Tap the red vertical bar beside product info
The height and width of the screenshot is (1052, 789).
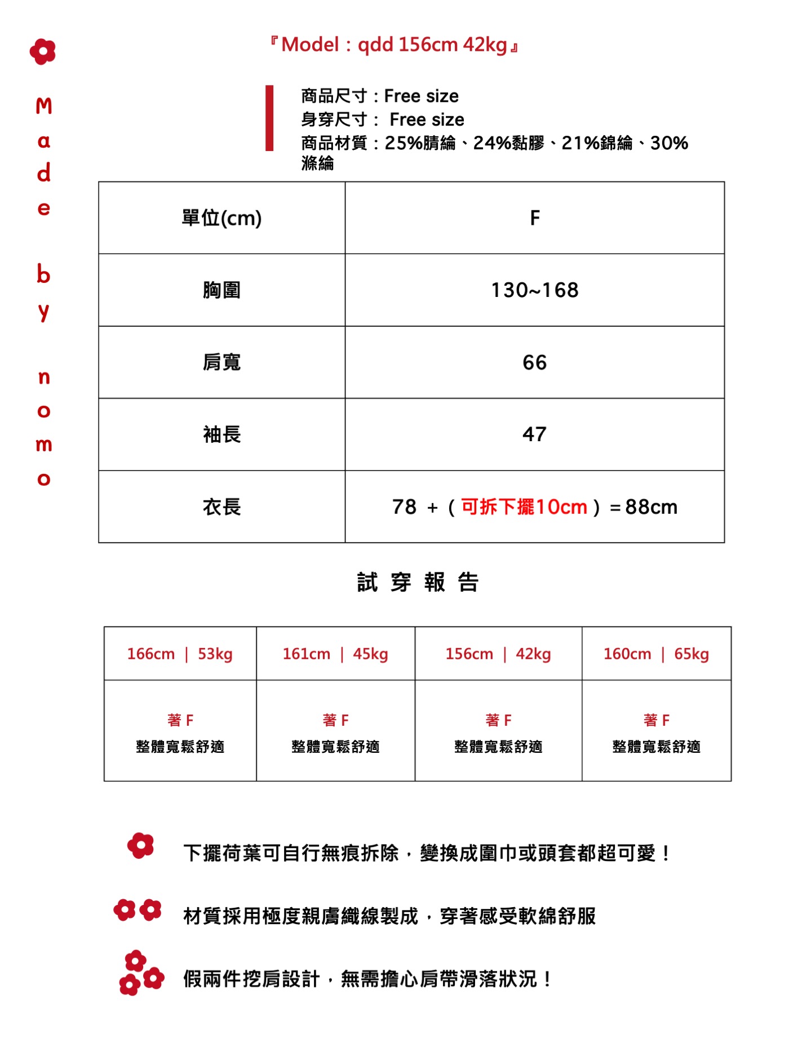pyautogui.click(x=269, y=118)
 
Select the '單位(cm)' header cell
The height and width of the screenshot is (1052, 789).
pyautogui.click(x=221, y=218)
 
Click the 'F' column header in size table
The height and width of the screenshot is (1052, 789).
pyautogui.click(x=535, y=218)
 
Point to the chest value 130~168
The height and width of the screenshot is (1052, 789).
pyautogui.click(x=535, y=290)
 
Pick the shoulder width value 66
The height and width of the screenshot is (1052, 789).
pyautogui.click(x=535, y=362)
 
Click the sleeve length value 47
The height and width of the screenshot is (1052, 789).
pyautogui.click(x=535, y=434)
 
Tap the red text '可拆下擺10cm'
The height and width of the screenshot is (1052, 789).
pyautogui.click(x=524, y=507)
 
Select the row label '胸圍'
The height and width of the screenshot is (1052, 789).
pyautogui.click(x=221, y=290)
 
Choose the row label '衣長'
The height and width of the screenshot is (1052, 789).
pyautogui.click(x=221, y=507)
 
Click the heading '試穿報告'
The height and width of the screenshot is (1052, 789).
pyautogui.click(x=418, y=582)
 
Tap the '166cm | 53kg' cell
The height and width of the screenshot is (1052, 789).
pyautogui.click(x=180, y=654)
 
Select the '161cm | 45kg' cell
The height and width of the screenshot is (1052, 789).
pyautogui.click(x=335, y=654)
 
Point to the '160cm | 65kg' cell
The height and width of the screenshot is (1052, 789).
pyautogui.click(x=656, y=654)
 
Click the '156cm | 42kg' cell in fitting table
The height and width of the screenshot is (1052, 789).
pyautogui.click(x=498, y=654)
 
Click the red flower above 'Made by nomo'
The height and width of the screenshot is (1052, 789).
pyautogui.click(x=43, y=52)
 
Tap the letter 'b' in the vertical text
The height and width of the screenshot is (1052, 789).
pyautogui.click(x=43, y=274)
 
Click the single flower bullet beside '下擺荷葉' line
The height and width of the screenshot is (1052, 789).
pyautogui.click(x=140, y=846)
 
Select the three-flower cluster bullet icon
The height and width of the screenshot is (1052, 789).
pyautogui.click(x=140, y=973)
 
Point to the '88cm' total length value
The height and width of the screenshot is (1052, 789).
pyautogui.click(x=651, y=507)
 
